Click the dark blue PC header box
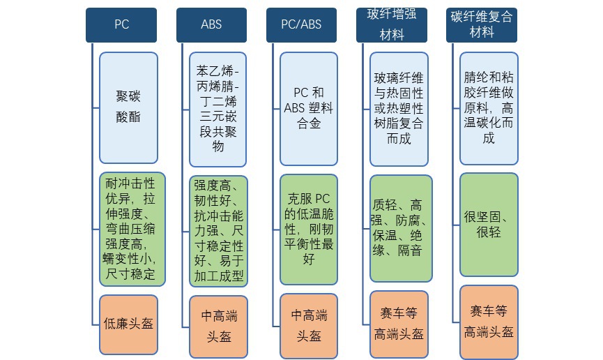121,24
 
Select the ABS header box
211,24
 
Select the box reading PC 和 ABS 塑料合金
309,108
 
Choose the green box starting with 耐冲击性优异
132,229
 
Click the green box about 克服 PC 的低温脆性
309,230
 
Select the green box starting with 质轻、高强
400,227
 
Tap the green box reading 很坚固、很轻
489,224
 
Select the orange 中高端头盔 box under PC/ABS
309,324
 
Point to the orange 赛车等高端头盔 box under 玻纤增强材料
399,322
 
